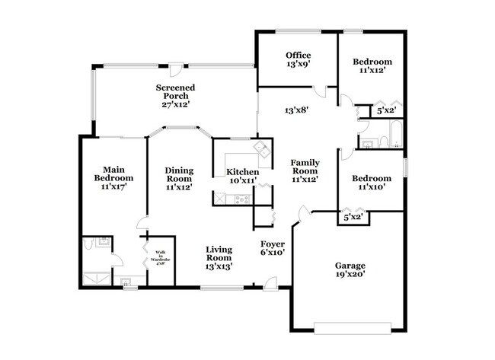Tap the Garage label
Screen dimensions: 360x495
[350, 266]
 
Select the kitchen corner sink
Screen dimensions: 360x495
[260, 147]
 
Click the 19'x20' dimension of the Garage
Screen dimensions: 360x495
[350, 276]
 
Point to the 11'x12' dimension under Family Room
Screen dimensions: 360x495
[304, 180]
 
